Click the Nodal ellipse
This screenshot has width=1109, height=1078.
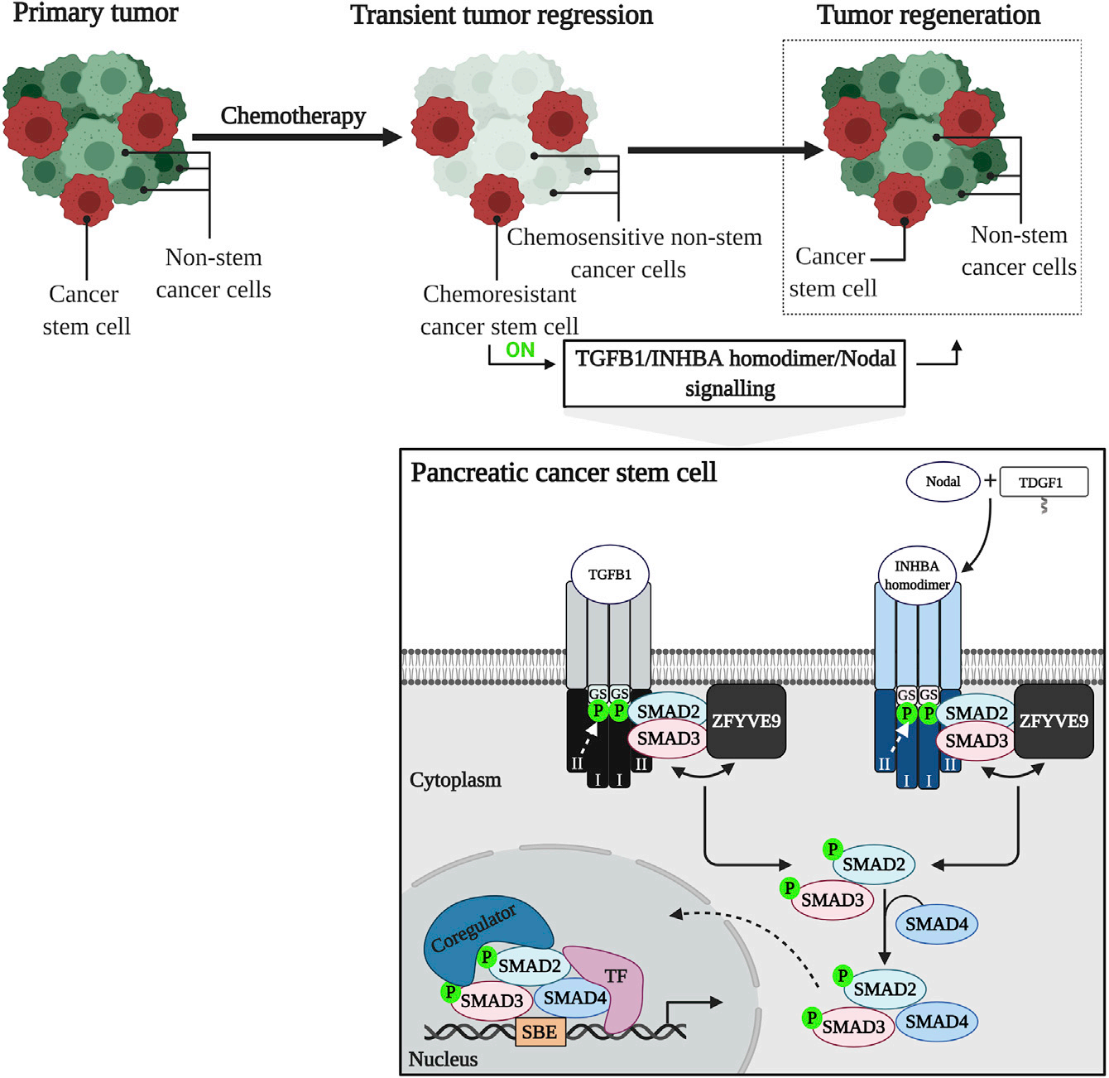[943, 482]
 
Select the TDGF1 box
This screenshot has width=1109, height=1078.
[1043, 483]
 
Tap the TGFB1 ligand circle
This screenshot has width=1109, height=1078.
[610, 575]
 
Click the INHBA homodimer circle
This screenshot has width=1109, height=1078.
[917, 575]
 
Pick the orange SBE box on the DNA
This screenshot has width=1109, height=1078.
[540, 1032]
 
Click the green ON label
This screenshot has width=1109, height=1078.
[521, 350]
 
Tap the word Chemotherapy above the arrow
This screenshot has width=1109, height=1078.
[293, 116]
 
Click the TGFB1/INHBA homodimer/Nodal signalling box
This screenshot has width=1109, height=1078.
[734, 373]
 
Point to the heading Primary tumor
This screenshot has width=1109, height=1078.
[95, 13]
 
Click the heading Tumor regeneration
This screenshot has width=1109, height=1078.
[929, 15]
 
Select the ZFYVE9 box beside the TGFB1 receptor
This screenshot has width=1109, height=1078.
[746, 721]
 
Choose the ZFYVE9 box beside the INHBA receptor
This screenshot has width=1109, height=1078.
[1054, 721]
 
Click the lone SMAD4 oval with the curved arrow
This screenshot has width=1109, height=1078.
[937, 924]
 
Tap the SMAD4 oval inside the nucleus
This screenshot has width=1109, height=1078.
[575, 999]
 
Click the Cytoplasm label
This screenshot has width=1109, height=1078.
[455, 780]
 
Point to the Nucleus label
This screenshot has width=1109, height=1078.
[443, 1059]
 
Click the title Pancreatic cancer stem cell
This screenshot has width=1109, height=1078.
[564, 473]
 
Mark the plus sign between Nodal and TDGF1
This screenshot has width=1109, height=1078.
[990, 481]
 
